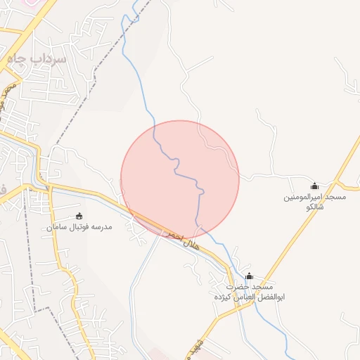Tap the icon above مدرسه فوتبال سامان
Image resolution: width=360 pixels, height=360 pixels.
click(x=79, y=216)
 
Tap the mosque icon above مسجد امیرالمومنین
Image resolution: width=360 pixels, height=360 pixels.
click(x=314, y=186)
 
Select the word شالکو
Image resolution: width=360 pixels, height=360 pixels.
click(x=314, y=208)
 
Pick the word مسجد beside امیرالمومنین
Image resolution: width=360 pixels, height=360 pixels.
click(x=335, y=198)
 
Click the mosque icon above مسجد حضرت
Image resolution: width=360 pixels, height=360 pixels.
click(x=249, y=276)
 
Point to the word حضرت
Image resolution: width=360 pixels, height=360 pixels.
click(x=238, y=288)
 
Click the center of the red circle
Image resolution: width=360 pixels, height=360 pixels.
click(x=180, y=179)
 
